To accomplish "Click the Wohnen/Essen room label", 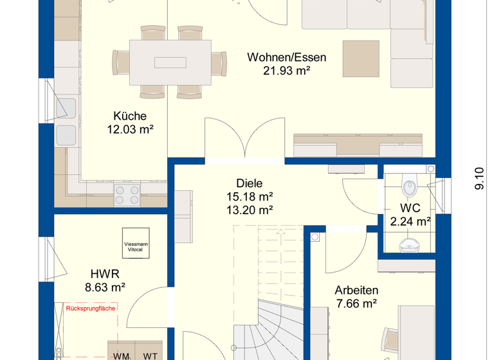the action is point(286,57).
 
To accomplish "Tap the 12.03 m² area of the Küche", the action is point(130,129).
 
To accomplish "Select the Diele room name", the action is point(249,183).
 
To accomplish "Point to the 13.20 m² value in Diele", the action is point(250,210).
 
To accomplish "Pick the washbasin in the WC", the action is point(410,246).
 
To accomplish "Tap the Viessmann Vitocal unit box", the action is point(136,243).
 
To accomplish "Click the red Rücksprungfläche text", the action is point(91,309).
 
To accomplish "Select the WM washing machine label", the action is point(122,356).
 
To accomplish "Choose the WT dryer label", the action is point(150,356).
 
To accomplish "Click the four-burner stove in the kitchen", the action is point(127,195).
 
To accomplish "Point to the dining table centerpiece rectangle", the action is point(170,62).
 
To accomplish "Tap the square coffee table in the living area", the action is point(361,59).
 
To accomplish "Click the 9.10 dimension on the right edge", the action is point(479,178).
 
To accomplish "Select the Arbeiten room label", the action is point(356,290).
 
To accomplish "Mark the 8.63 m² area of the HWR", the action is point(105,287).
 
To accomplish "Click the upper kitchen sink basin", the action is point(66,109).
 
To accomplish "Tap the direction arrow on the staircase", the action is point(280,232).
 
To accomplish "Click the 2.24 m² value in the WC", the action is point(410,222).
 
